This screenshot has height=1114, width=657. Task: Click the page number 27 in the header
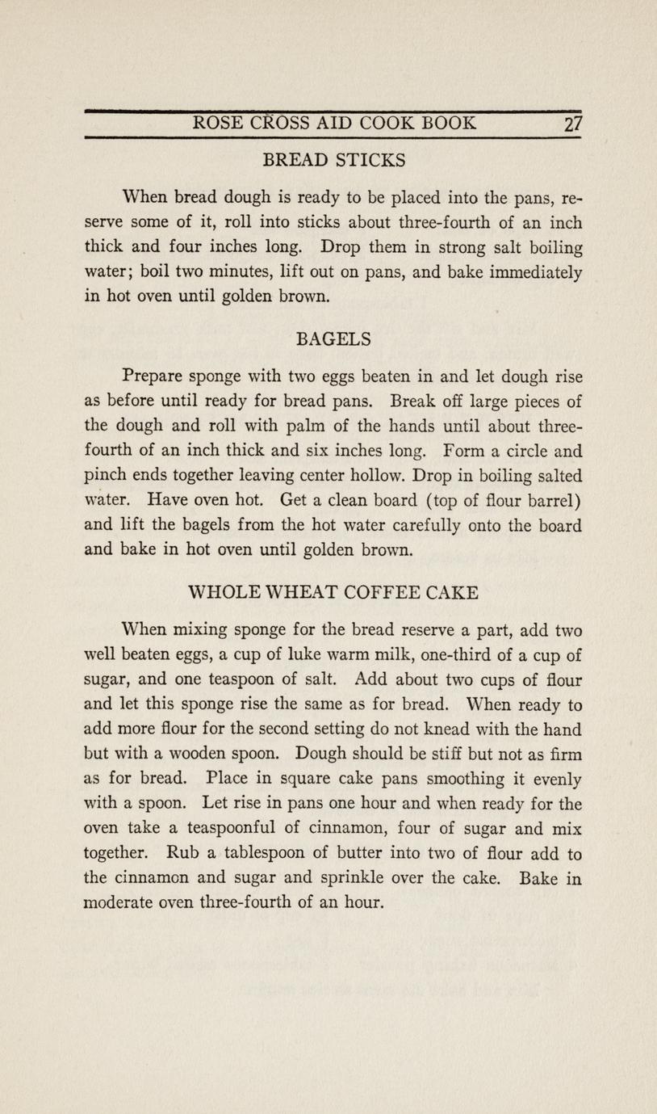click(x=573, y=124)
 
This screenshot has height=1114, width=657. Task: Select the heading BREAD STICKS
click(x=334, y=160)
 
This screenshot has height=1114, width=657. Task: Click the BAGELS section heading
click(x=334, y=339)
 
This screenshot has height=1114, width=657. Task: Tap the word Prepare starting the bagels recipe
click(x=154, y=375)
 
